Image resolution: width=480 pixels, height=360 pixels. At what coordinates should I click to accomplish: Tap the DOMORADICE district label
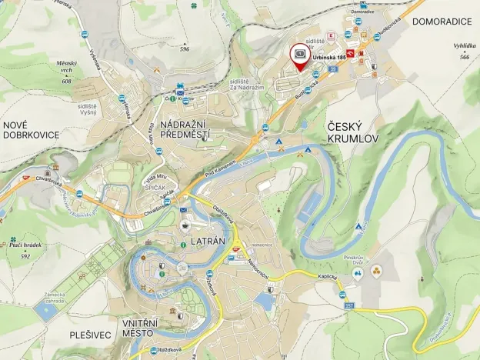442,21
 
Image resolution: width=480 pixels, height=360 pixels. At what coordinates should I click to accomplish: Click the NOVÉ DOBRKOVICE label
31,129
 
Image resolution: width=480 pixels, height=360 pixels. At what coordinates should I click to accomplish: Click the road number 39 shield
332,70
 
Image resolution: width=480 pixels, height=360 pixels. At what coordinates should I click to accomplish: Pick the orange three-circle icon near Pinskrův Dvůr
376,271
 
